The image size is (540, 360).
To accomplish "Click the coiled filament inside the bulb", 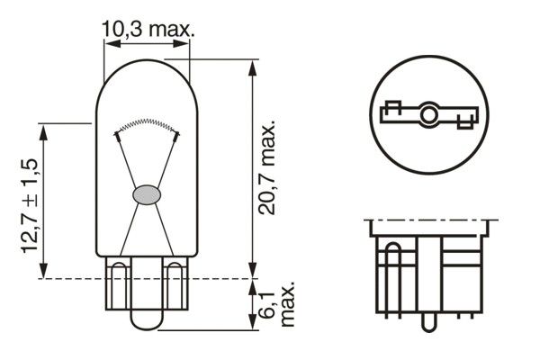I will point(147,125).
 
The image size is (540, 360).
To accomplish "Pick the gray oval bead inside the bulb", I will point(146,193).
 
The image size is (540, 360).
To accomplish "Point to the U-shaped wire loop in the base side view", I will point(392,270).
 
